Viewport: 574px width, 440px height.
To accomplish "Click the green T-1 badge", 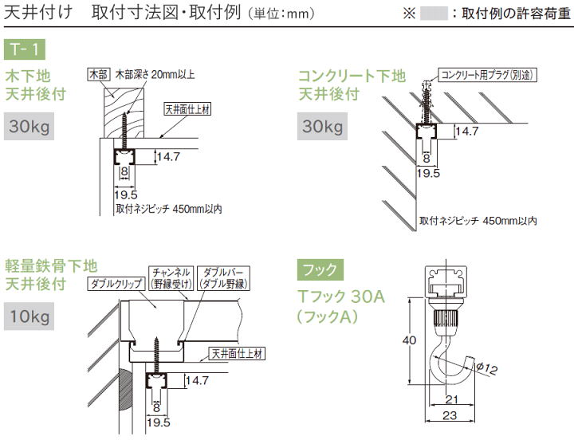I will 26,50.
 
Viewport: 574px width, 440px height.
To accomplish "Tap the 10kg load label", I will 29,318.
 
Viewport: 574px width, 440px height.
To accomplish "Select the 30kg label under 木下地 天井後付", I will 29,127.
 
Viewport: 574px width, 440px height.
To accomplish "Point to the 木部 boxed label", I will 97,75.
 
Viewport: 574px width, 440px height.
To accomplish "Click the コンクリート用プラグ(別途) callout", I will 486,75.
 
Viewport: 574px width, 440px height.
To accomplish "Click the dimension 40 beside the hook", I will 407,340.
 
